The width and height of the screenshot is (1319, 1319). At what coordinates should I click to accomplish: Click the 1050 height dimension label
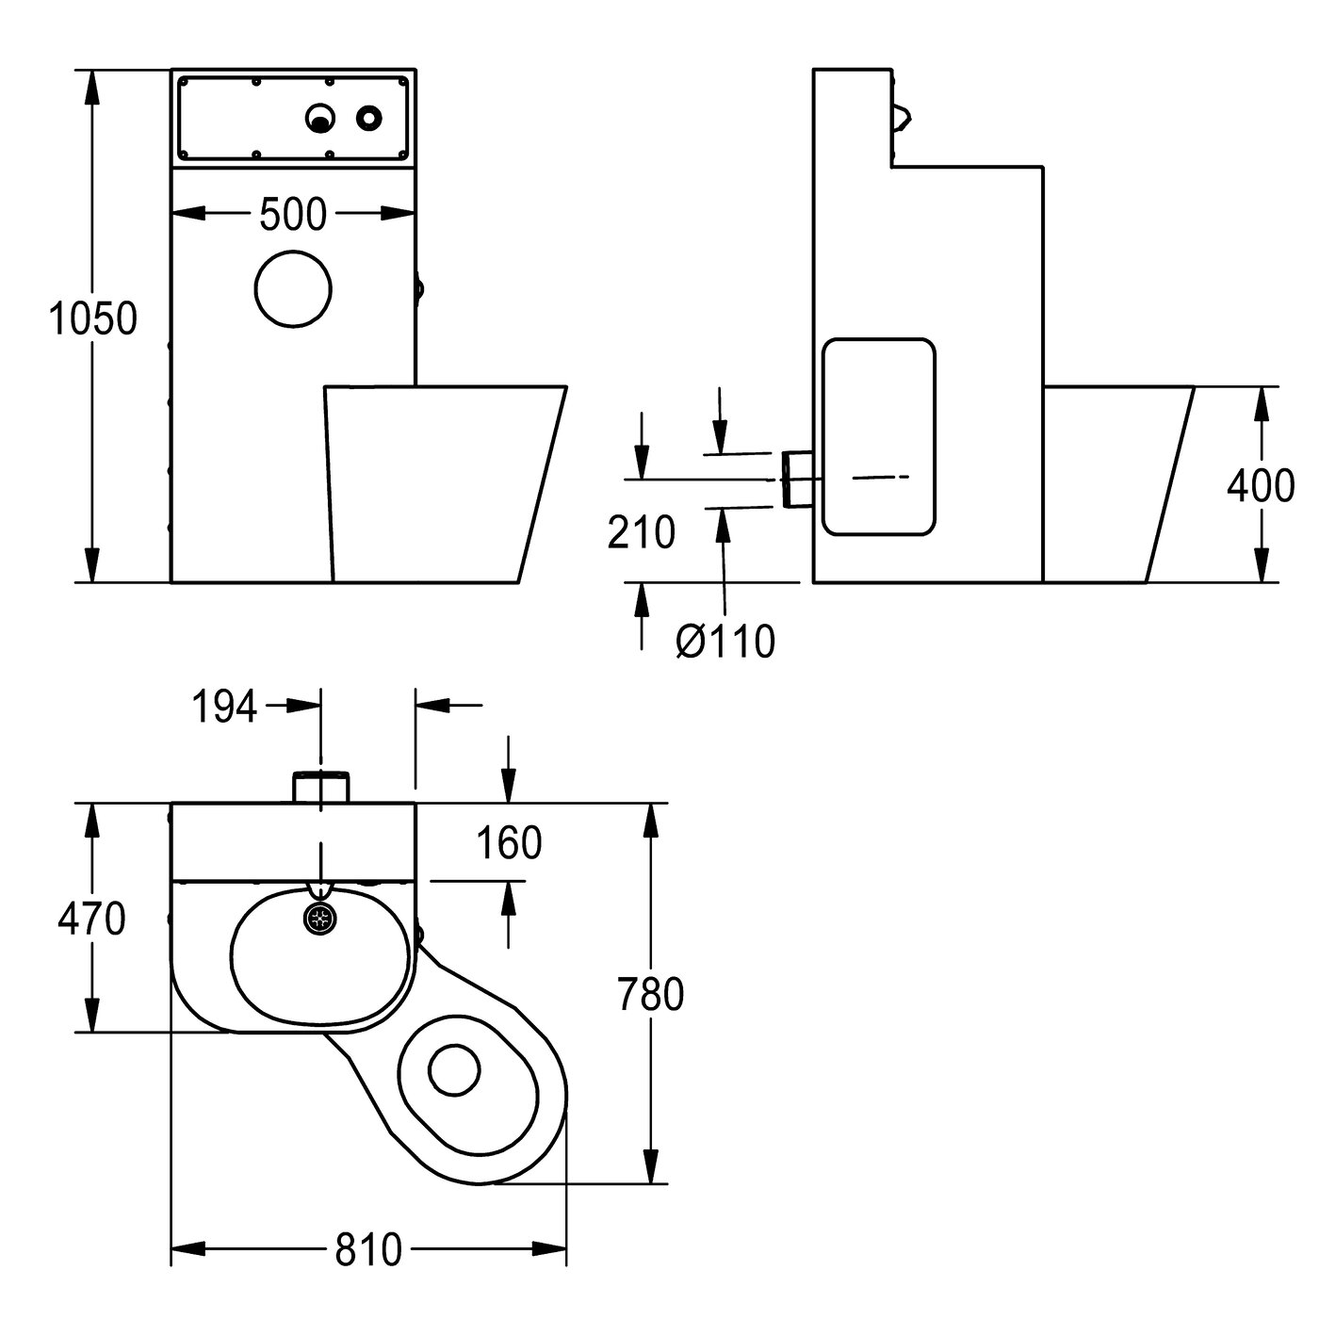(92, 320)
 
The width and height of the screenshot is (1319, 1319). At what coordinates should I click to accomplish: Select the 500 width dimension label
(292, 216)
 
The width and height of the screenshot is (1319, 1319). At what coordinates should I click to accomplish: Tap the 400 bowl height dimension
(1260, 486)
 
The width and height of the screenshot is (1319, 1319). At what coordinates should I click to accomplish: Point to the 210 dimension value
(641, 533)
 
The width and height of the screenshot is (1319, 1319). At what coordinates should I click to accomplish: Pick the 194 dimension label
(224, 707)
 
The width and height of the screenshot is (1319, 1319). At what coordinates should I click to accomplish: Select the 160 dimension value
(509, 843)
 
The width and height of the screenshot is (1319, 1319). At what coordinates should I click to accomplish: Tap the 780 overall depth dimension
(649, 995)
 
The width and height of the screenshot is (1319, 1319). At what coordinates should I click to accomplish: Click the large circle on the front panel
(293, 288)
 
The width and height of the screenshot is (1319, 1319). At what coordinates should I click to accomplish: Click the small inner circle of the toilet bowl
(454, 1069)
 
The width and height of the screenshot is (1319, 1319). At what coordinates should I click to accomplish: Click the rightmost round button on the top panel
(368, 118)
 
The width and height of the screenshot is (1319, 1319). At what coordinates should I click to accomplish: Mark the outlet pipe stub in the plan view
(321, 786)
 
